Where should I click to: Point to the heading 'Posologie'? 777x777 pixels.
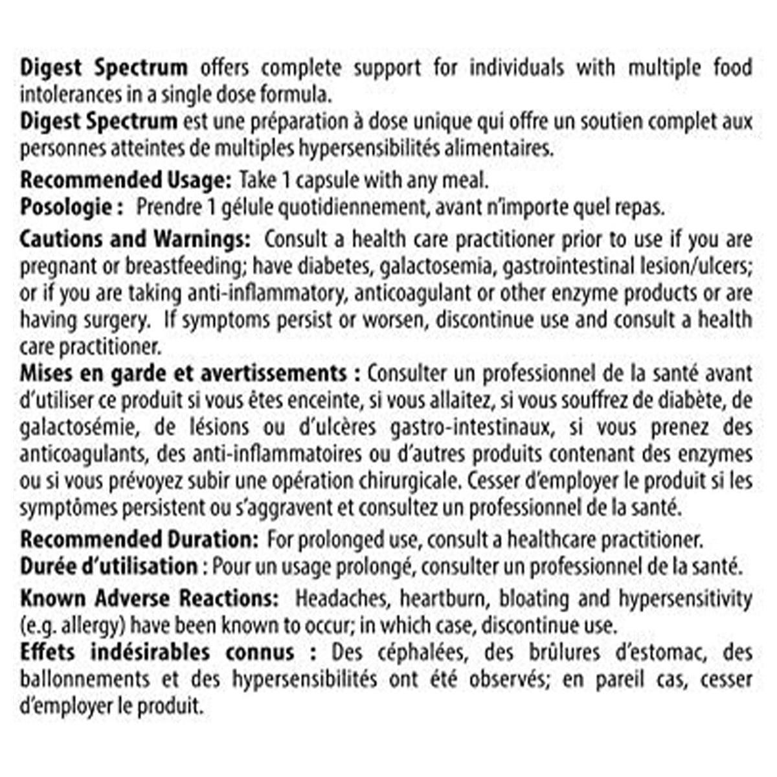coord(67,207)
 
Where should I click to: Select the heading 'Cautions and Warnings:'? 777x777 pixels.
coord(135,238)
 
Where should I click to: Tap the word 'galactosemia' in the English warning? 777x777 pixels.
coord(398,265)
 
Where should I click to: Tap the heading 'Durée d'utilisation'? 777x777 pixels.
coord(108,567)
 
